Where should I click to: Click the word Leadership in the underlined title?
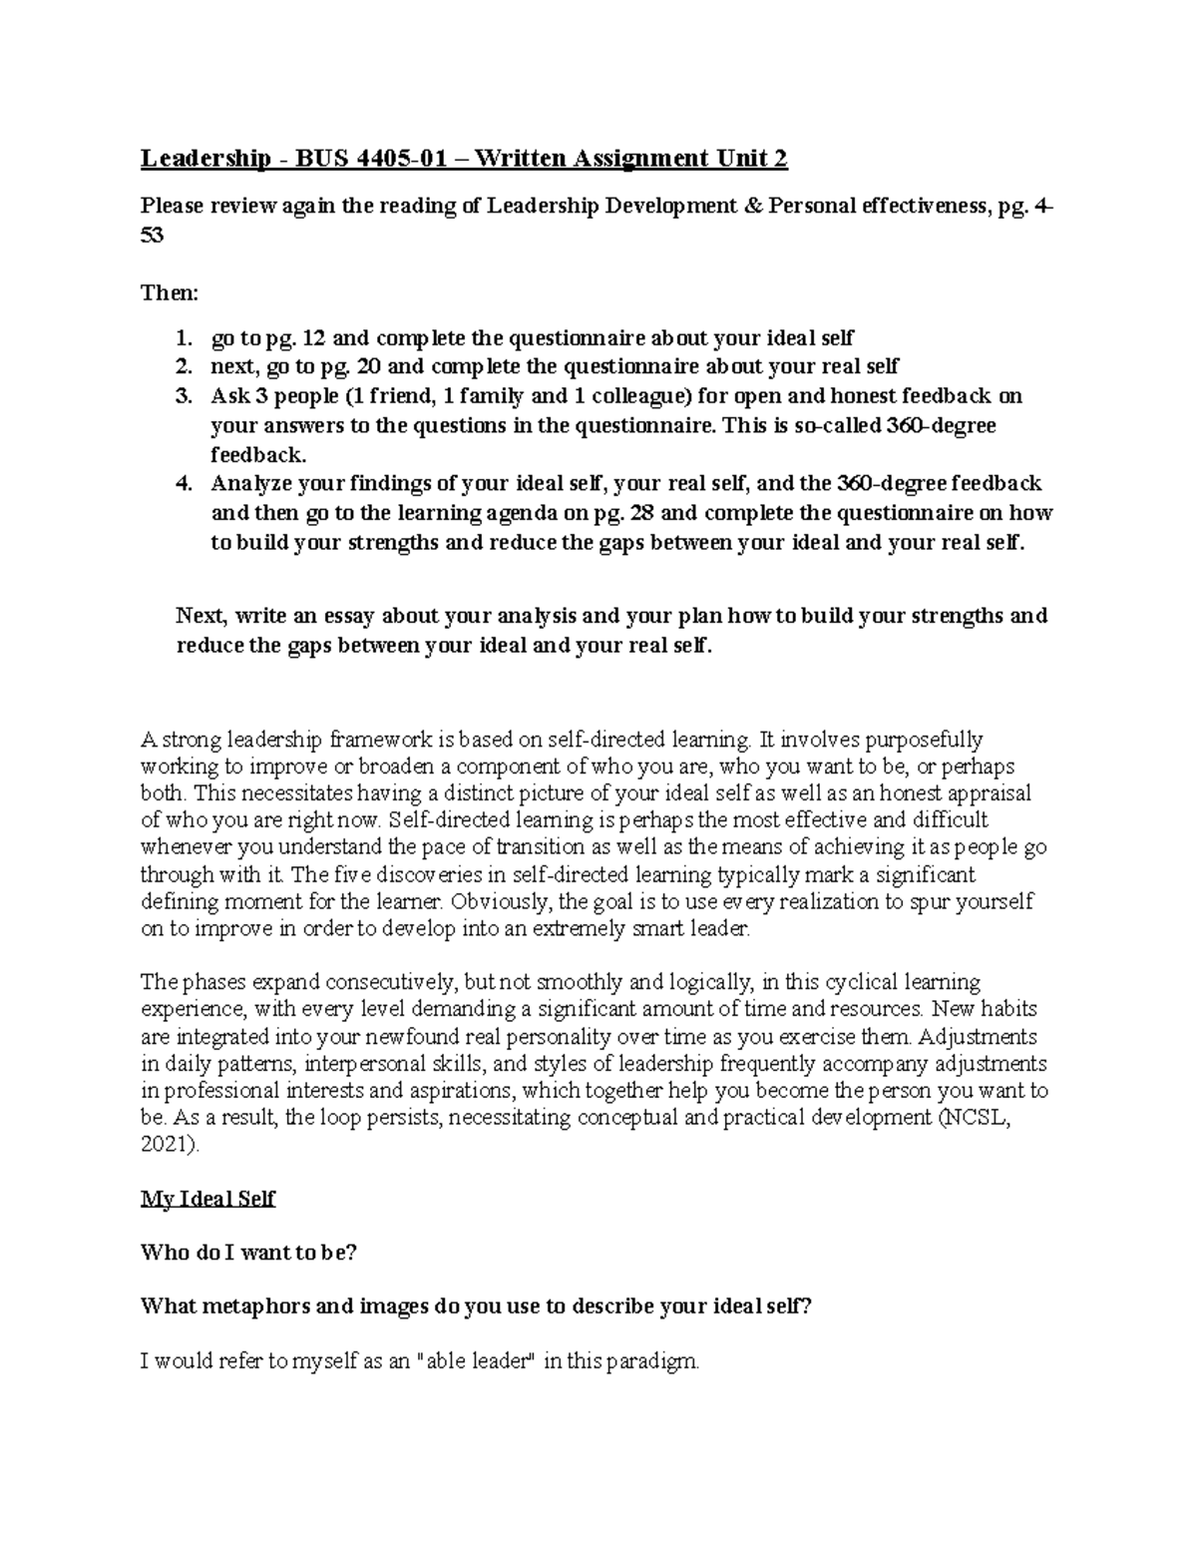(204, 159)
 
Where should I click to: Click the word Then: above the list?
(170, 293)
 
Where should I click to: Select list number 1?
(182, 337)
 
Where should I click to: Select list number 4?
(182, 484)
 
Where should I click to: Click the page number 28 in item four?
(643, 513)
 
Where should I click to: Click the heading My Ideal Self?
(207, 1199)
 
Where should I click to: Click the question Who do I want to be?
(248, 1253)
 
